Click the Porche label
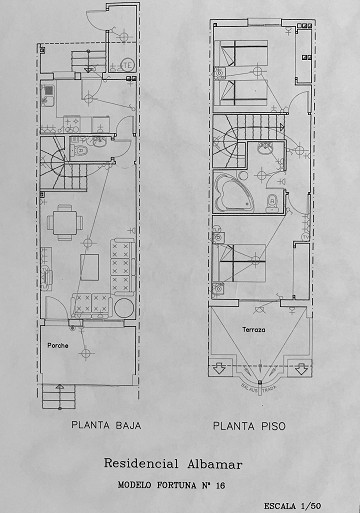[58, 346]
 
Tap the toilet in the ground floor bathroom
[78, 153]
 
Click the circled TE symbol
[127, 66]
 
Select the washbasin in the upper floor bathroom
[270, 150]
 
